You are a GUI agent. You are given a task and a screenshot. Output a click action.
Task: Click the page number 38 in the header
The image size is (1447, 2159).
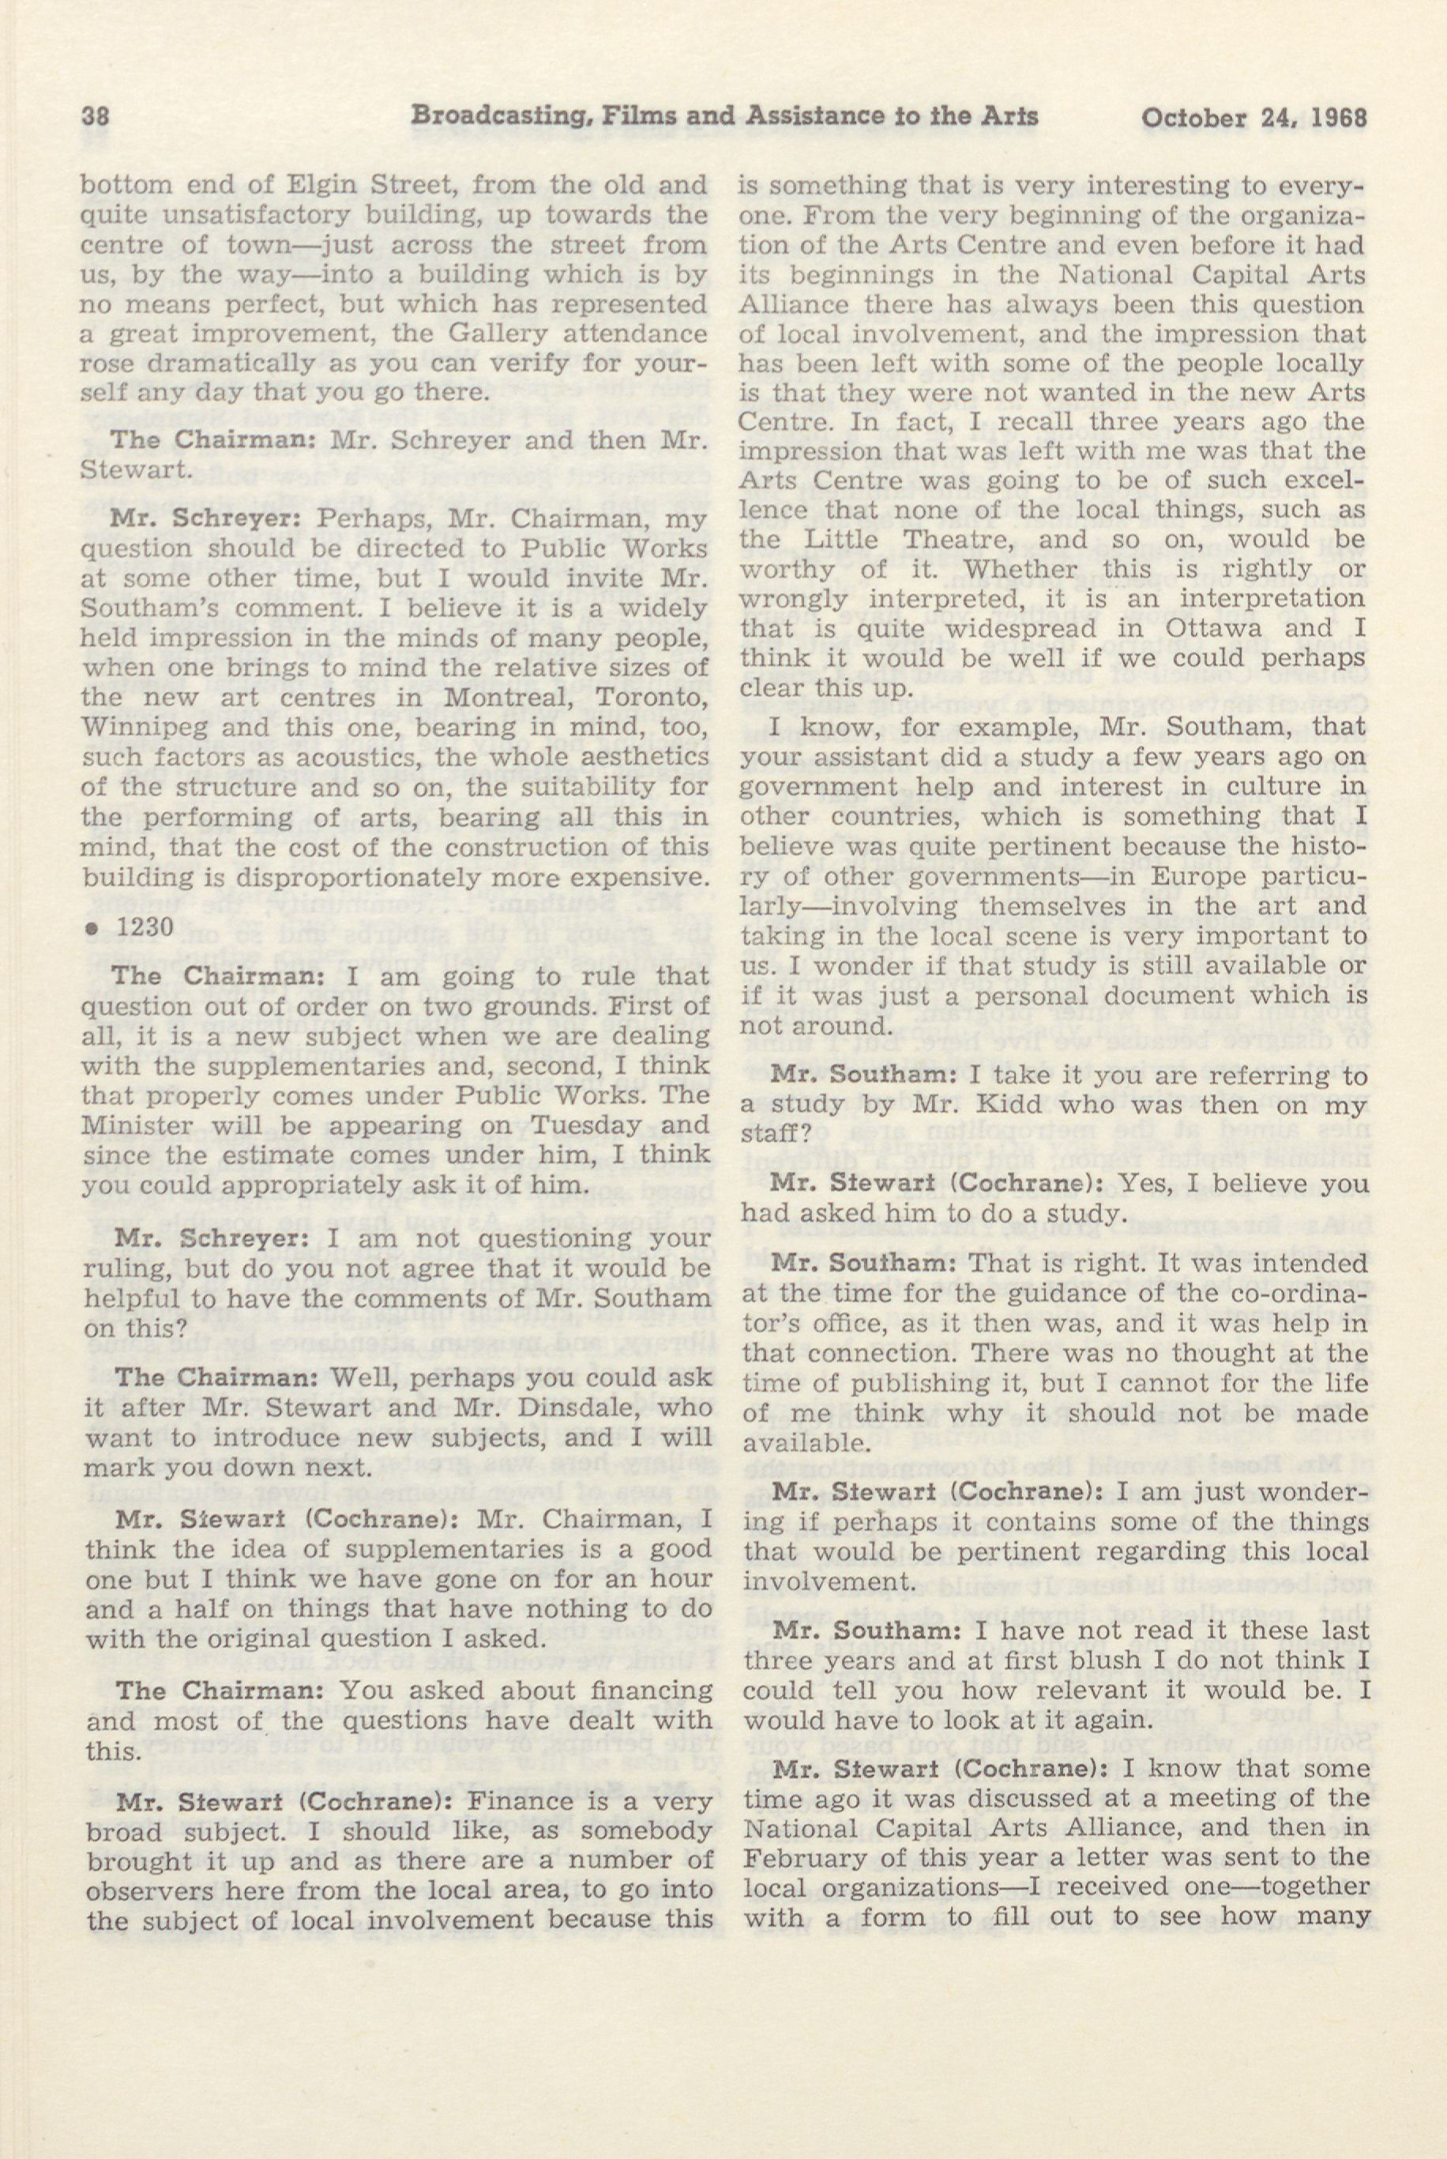[x=96, y=117]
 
